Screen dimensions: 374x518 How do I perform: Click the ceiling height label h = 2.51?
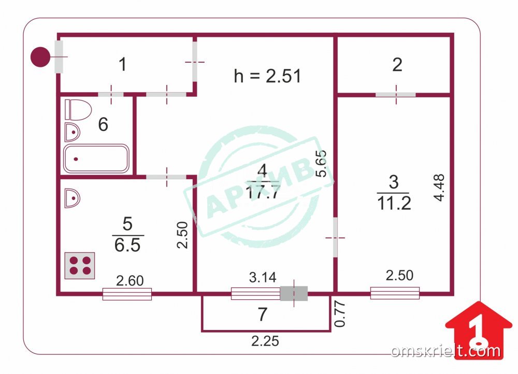pyautogui.click(x=267, y=76)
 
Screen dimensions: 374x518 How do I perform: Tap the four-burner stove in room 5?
pyautogui.click(x=79, y=265)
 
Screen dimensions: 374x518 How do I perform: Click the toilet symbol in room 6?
pyautogui.click(x=78, y=109)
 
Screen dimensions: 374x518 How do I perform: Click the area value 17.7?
pyautogui.click(x=263, y=193)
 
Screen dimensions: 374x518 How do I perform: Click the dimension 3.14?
pyautogui.click(x=262, y=278)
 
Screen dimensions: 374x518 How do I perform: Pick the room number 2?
pyautogui.click(x=397, y=65)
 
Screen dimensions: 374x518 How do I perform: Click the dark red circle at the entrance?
pyautogui.click(x=40, y=56)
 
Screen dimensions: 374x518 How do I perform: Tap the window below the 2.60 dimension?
pyautogui.click(x=127, y=294)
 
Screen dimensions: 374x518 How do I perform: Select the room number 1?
pyautogui.click(x=122, y=65)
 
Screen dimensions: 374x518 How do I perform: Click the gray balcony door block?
pyautogui.click(x=294, y=294)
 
